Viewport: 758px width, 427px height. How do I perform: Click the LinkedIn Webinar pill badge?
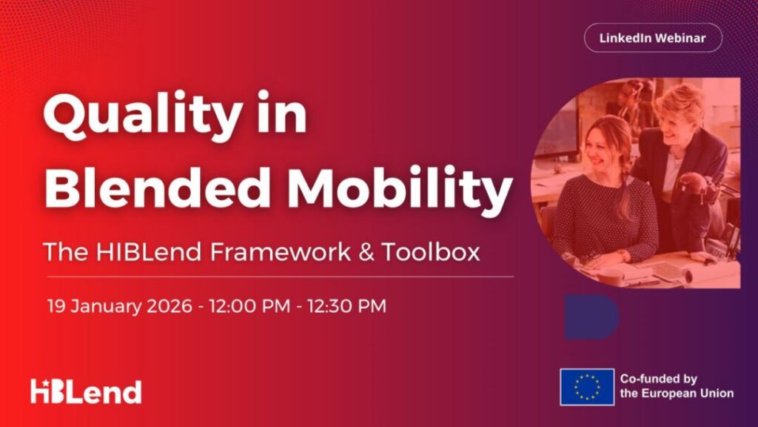(x=653, y=38)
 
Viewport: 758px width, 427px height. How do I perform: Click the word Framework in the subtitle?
(x=281, y=252)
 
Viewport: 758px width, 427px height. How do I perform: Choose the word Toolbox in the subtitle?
(x=431, y=252)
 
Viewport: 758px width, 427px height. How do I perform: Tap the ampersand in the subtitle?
(x=366, y=252)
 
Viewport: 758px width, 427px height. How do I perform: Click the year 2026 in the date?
(x=170, y=306)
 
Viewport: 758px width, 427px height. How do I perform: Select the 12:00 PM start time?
(x=249, y=306)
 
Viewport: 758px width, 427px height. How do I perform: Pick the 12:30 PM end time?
(x=346, y=306)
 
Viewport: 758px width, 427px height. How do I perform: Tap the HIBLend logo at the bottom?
(x=86, y=391)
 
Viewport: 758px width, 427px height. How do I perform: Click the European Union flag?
(x=587, y=387)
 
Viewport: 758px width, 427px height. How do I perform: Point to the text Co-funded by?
(x=658, y=379)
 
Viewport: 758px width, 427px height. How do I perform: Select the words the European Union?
(x=677, y=393)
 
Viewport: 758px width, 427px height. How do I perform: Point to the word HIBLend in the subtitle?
(x=148, y=252)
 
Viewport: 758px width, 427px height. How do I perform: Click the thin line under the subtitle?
(x=281, y=277)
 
